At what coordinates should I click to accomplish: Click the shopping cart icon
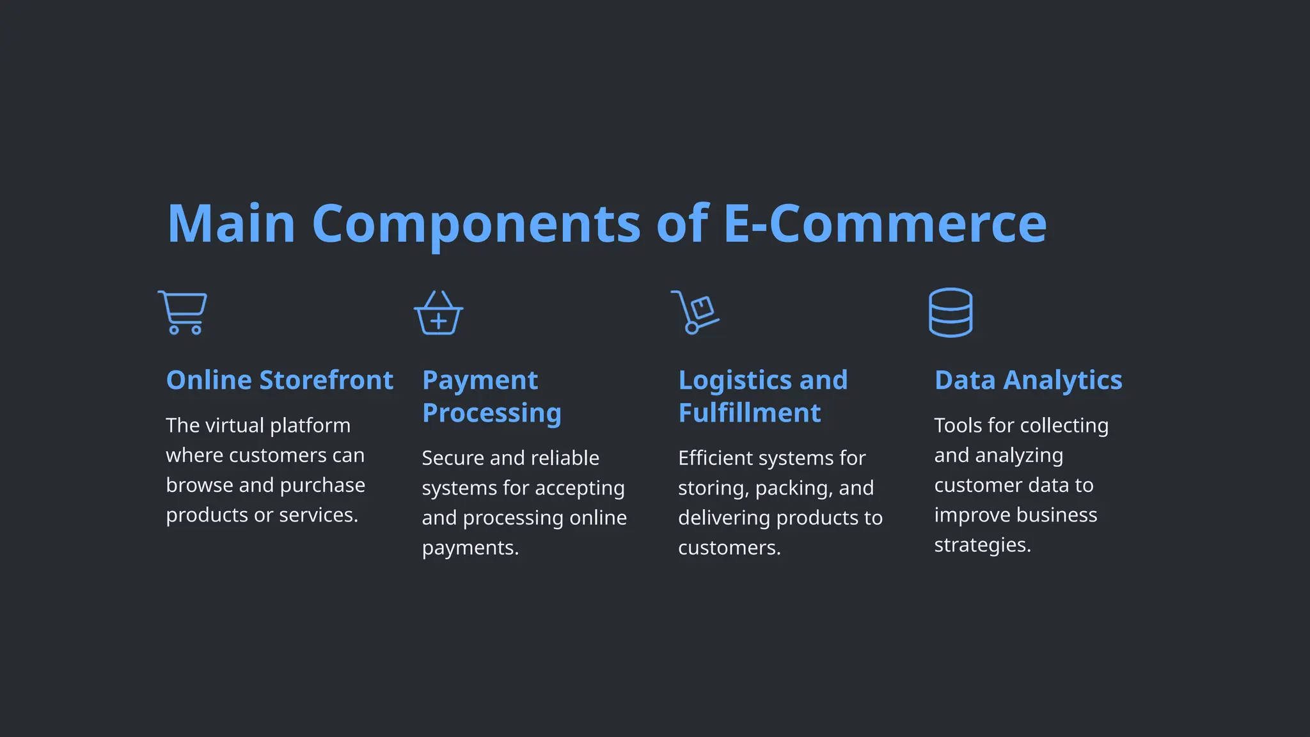[x=183, y=312]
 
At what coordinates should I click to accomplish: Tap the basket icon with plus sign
[x=439, y=313]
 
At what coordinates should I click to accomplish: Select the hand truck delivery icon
[x=695, y=312]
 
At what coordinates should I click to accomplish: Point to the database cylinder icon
[x=951, y=312]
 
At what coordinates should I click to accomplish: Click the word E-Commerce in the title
[x=885, y=223]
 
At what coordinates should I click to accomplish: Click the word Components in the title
[x=476, y=223]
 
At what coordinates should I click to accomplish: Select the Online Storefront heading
[x=280, y=380]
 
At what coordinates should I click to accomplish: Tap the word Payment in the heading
[x=480, y=380]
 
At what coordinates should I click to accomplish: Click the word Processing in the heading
[x=491, y=413]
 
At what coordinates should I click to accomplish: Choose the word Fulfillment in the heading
[x=749, y=413]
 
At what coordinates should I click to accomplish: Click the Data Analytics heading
[x=1028, y=380]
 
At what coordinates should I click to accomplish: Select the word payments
[x=470, y=548]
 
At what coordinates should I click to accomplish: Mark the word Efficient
[x=715, y=458]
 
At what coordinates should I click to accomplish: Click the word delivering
[x=719, y=518]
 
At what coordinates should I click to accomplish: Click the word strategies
[x=982, y=545]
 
